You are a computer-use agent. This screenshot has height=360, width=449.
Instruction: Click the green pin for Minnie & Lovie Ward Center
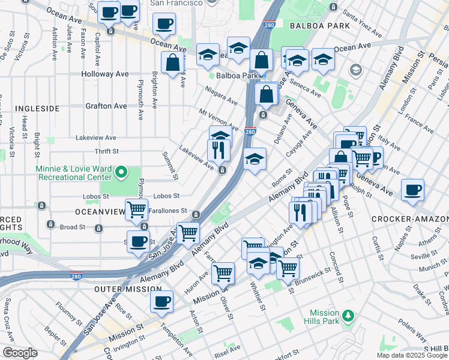click(121, 173)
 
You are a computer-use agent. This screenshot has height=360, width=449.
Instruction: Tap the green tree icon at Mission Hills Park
click(348, 315)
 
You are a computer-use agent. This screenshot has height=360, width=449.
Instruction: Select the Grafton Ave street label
click(107, 106)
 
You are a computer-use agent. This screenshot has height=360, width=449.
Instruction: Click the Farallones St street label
click(166, 212)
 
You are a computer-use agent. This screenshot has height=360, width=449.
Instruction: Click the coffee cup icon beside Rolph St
click(412, 189)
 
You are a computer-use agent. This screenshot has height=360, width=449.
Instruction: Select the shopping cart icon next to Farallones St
click(137, 209)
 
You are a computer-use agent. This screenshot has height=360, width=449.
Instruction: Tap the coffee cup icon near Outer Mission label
click(161, 301)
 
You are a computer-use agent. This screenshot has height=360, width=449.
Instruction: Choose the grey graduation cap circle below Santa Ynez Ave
click(355, 70)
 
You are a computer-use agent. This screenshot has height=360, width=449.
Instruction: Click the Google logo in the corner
click(20, 353)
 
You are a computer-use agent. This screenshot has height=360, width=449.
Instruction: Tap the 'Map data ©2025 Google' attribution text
click(411, 355)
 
